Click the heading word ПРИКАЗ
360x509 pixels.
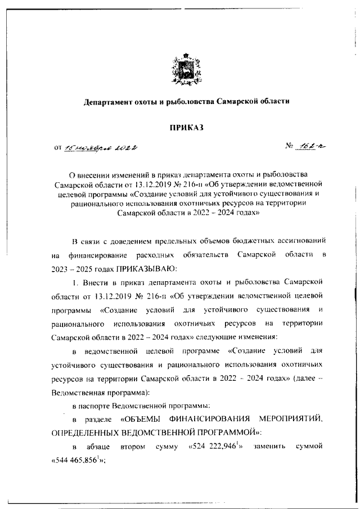tap(187, 128)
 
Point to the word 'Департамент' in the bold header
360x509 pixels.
tap(110, 102)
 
